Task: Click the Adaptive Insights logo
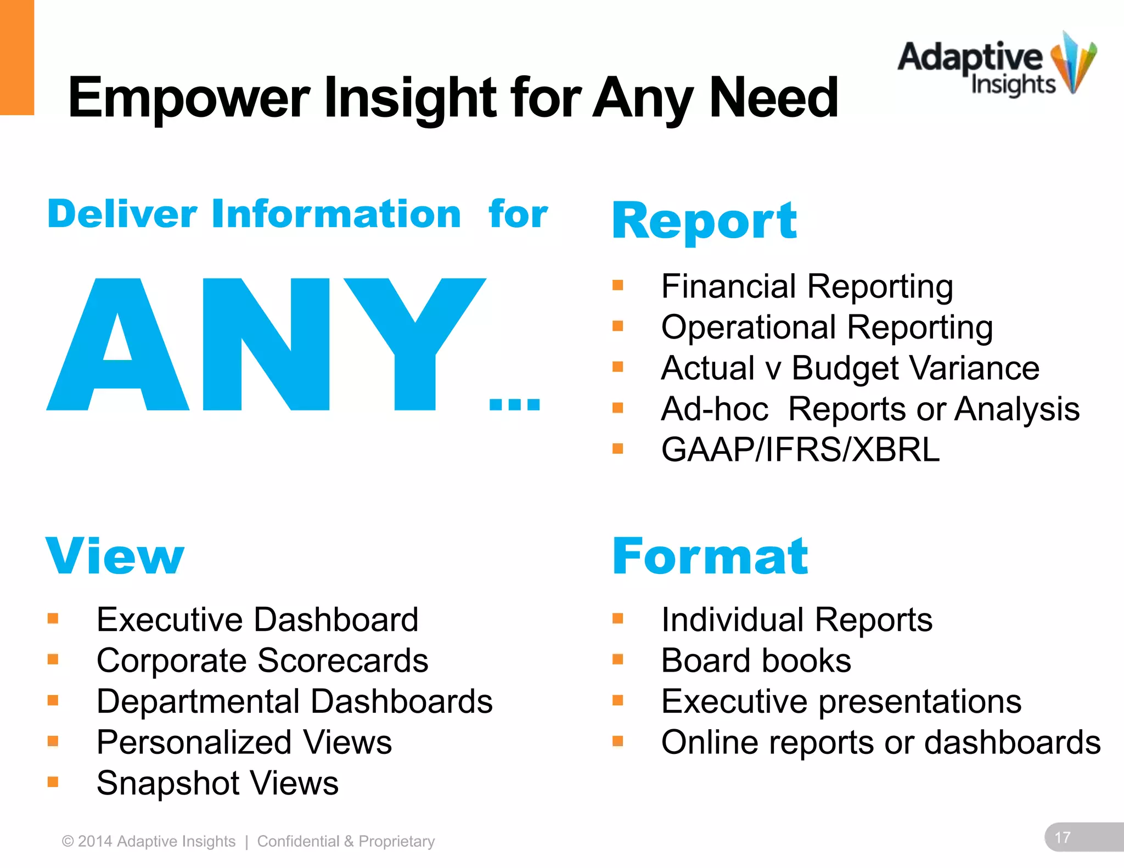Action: click(996, 66)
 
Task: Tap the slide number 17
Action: click(1063, 837)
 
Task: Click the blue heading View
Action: click(115, 556)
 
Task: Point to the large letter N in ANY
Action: click(266, 345)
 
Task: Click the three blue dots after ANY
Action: click(514, 404)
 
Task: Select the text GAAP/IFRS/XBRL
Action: click(800, 450)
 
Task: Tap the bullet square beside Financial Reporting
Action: click(618, 285)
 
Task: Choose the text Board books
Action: click(756, 661)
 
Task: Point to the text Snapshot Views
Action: click(217, 783)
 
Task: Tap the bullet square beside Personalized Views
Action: click(53, 742)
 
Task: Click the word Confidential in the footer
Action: click(298, 841)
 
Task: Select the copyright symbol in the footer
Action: click(68, 841)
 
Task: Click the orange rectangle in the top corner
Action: click(16, 57)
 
